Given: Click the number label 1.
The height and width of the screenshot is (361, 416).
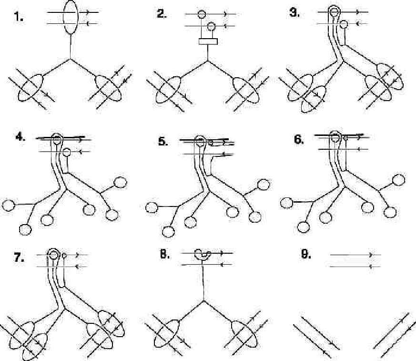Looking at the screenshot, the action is tap(18, 17).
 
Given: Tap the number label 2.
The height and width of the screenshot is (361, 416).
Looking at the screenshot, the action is tap(162, 14).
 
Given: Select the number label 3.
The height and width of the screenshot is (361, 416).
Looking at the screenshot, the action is tap(294, 12).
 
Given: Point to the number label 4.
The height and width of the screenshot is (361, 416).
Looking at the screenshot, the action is tap(20, 137).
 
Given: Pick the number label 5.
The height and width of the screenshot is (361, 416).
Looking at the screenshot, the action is tap(163, 142).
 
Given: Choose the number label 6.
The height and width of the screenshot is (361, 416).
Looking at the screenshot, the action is tap(299, 139).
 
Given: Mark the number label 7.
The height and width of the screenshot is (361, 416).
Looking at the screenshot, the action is tap(19, 258).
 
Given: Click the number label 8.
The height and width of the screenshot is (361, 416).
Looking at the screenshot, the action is tap(164, 255).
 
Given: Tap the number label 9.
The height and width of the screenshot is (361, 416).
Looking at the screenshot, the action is tap(305, 255).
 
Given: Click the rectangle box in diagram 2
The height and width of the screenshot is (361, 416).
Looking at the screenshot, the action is tap(208, 41).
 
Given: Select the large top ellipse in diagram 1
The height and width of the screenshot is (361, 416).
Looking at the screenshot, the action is tap(71, 17).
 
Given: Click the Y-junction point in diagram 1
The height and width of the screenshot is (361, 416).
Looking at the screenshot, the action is tap(71, 59).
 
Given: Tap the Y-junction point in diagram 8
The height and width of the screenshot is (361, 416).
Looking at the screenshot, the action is tap(203, 301).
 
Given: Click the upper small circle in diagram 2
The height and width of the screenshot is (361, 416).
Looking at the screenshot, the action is tap(202, 14).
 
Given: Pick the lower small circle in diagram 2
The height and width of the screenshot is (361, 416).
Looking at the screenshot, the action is tap(212, 26).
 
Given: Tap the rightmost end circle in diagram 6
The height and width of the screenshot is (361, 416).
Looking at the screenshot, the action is tap(398, 180).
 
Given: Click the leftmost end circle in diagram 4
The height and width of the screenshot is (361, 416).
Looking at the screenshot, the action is tap(8, 205).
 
